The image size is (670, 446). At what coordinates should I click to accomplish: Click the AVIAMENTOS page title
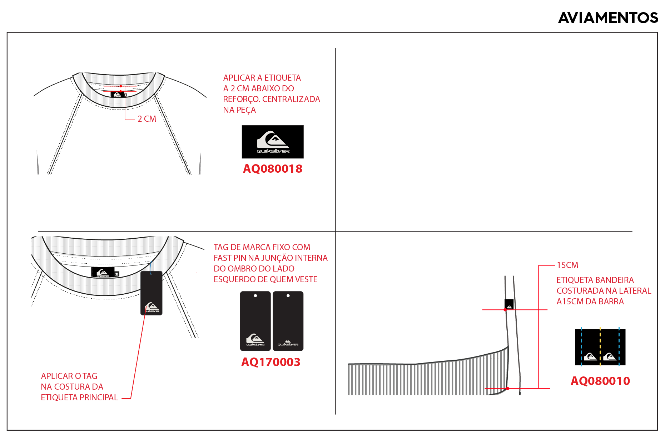(x=608, y=18)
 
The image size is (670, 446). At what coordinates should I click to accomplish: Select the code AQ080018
(x=273, y=169)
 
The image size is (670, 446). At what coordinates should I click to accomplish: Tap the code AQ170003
(x=271, y=362)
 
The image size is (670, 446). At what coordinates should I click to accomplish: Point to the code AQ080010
(x=600, y=381)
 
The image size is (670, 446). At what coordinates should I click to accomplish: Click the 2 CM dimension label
(x=147, y=119)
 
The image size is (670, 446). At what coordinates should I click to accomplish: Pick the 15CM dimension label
(x=567, y=265)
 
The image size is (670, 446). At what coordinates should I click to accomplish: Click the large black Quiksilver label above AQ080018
(x=273, y=142)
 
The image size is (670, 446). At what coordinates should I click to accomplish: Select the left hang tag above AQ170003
(x=255, y=321)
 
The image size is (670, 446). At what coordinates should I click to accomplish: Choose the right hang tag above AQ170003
(x=288, y=321)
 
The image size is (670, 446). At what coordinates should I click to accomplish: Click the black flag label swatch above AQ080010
(x=600, y=347)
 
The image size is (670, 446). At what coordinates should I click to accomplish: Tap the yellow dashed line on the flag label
(x=600, y=346)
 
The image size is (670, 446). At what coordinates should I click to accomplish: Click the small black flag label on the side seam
(x=509, y=304)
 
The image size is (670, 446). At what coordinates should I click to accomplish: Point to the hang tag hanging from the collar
(x=152, y=293)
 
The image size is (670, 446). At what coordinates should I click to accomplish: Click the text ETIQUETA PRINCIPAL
(x=79, y=397)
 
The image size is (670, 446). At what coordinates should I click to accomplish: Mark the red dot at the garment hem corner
(x=507, y=388)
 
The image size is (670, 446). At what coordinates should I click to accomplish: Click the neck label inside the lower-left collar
(x=105, y=272)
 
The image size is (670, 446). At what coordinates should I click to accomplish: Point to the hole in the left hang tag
(x=255, y=296)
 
